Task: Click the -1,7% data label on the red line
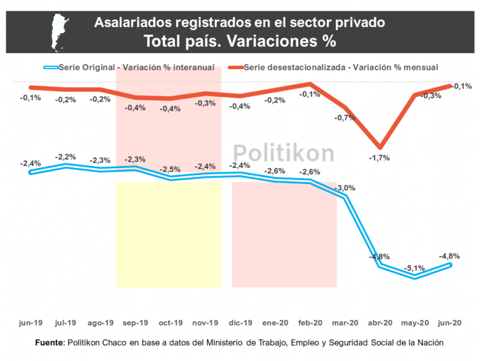[x=379, y=157]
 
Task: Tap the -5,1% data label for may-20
[x=415, y=268]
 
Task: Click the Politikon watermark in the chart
[x=283, y=153]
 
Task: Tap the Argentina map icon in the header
[x=61, y=31]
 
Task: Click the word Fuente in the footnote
[x=50, y=342]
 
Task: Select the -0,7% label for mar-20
[x=345, y=117]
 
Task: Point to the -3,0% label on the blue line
[x=345, y=188]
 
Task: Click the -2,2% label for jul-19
[x=66, y=156]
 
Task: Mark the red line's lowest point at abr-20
[x=380, y=147]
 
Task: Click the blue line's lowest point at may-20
[x=415, y=278]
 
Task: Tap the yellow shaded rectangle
[x=168, y=235]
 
